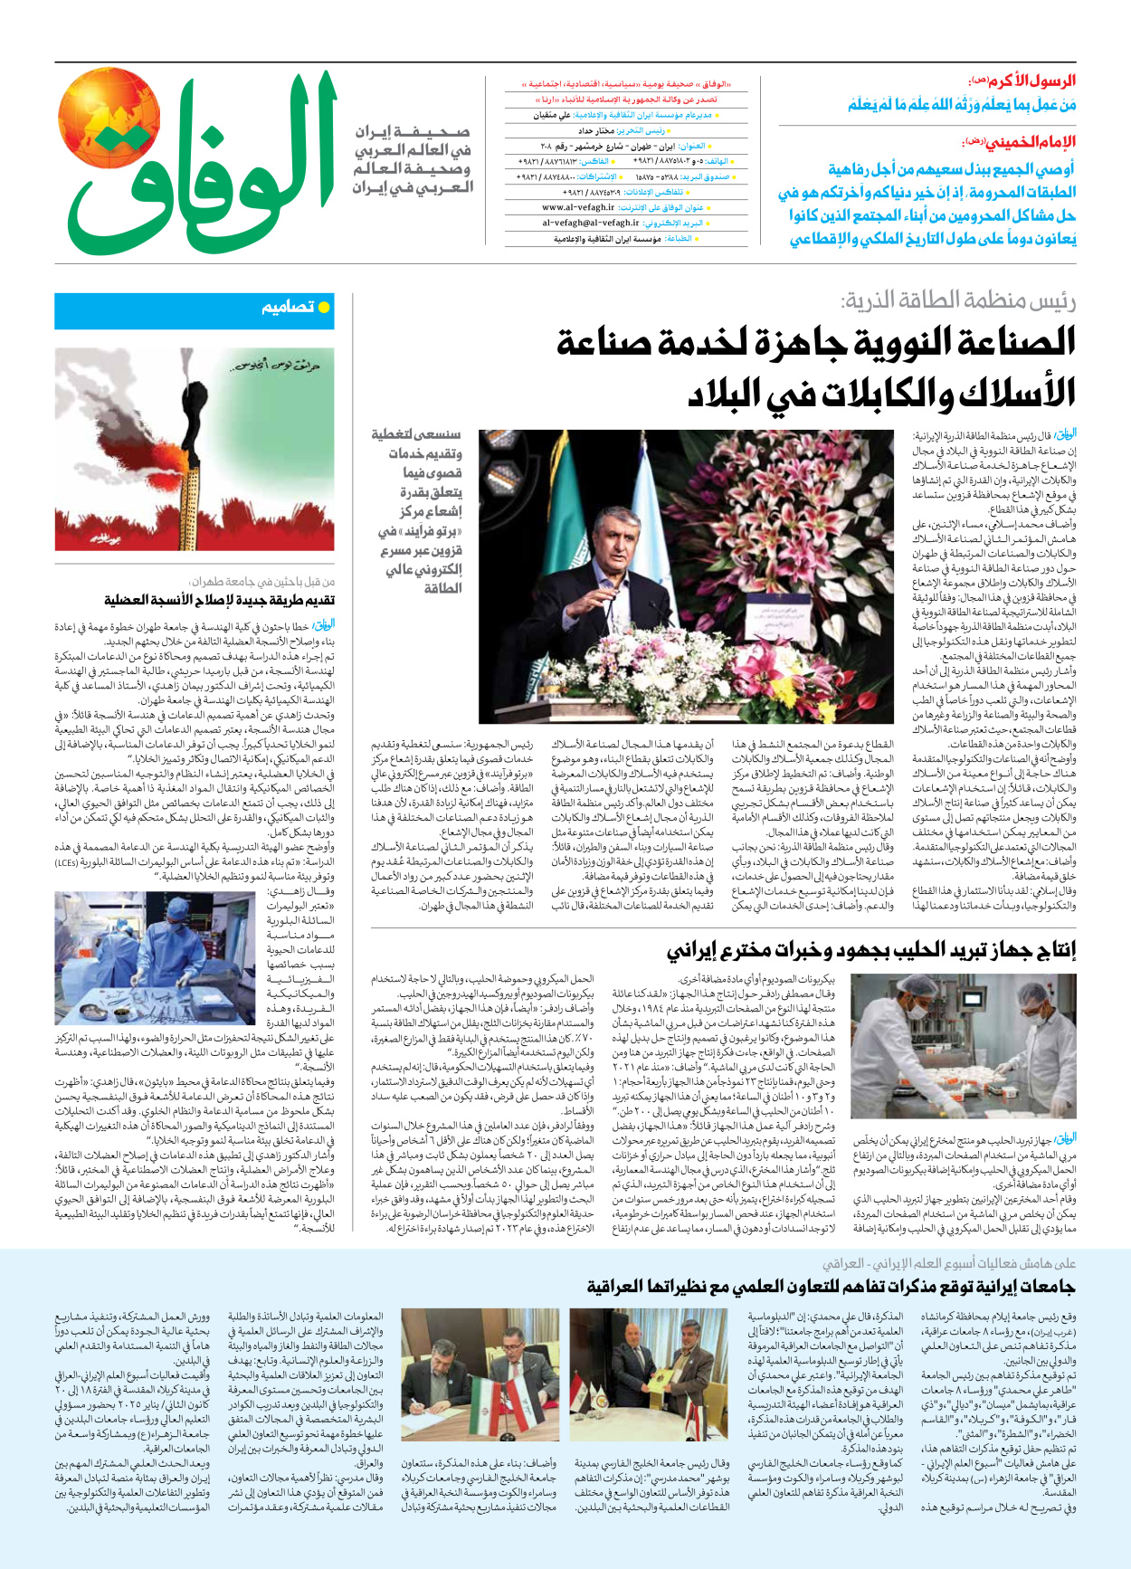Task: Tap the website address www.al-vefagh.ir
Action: pyautogui.click(x=578, y=207)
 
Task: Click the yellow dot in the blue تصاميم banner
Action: pyautogui.click(x=324, y=309)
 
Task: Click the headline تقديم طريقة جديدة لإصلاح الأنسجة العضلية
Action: pyautogui.click(x=220, y=600)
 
